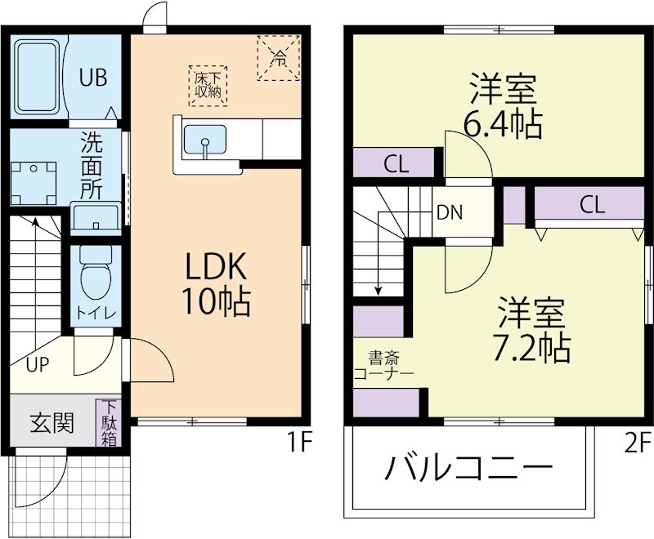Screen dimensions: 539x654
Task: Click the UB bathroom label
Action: coord(92,78)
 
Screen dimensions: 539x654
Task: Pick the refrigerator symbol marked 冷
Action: coord(279,57)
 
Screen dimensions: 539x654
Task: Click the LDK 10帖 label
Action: coord(215,284)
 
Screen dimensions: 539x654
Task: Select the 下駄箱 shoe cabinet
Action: coord(109,423)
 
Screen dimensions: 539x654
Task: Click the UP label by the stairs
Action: coord(37,365)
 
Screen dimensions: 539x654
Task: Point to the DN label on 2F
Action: coord(449,213)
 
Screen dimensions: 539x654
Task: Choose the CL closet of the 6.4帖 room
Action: coord(396,163)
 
